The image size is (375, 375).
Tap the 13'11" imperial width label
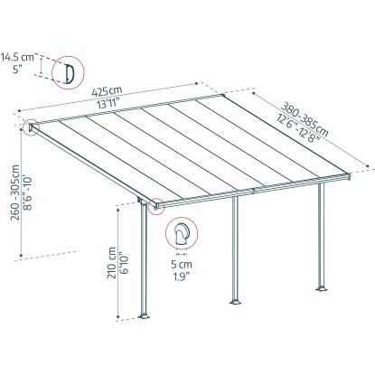coord(108,104)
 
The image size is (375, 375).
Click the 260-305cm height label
coord(15,192)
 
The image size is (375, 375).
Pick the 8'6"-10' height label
coord(29,193)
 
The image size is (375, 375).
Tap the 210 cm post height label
coord(112,263)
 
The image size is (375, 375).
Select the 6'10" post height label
coord(125,265)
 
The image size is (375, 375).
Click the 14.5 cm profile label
coord(17,57)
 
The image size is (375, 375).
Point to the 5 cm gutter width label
coord(182,265)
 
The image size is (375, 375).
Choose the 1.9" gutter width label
coord(181,277)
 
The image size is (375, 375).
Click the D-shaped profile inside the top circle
coord(69,73)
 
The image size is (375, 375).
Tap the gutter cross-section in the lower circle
coord(182,234)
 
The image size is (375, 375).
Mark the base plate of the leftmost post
coord(145,316)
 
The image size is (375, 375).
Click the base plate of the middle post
coord(235,302)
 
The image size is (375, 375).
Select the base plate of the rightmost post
coord(322,289)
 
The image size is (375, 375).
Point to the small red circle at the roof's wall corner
coord(32,127)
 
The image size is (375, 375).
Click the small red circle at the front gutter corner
coord(156,206)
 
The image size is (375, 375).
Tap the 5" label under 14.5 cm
coord(18,70)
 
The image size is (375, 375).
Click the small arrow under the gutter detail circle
coord(182,254)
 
